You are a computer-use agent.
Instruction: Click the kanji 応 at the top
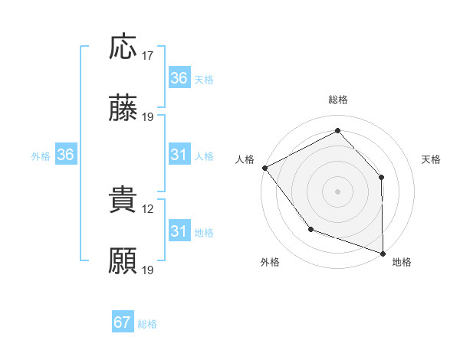[123, 47]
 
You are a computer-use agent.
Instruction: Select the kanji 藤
[123, 108]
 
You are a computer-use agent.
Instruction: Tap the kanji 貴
[123, 200]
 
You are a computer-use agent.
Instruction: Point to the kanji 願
[123, 261]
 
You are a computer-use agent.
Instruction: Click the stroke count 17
[148, 55]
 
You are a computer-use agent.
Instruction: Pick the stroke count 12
[148, 208]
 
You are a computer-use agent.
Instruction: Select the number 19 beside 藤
[148, 116]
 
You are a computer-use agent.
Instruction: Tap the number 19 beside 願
[148, 270]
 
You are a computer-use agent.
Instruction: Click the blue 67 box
[123, 322]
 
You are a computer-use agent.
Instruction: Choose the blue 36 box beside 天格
[179, 78]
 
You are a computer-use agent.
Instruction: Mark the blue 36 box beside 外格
[66, 155]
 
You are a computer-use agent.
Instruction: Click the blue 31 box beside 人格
[179, 155]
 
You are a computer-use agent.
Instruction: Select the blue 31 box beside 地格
[179, 231]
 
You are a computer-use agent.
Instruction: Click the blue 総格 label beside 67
[147, 324]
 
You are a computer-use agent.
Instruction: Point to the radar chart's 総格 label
[338, 100]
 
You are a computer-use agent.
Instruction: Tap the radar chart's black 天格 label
[432, 159]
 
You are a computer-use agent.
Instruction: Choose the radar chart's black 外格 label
[270, 263]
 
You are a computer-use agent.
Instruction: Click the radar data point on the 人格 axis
[264, 168]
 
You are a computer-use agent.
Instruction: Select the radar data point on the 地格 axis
[383, 253]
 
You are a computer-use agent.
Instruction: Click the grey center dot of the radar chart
[337, 191]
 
